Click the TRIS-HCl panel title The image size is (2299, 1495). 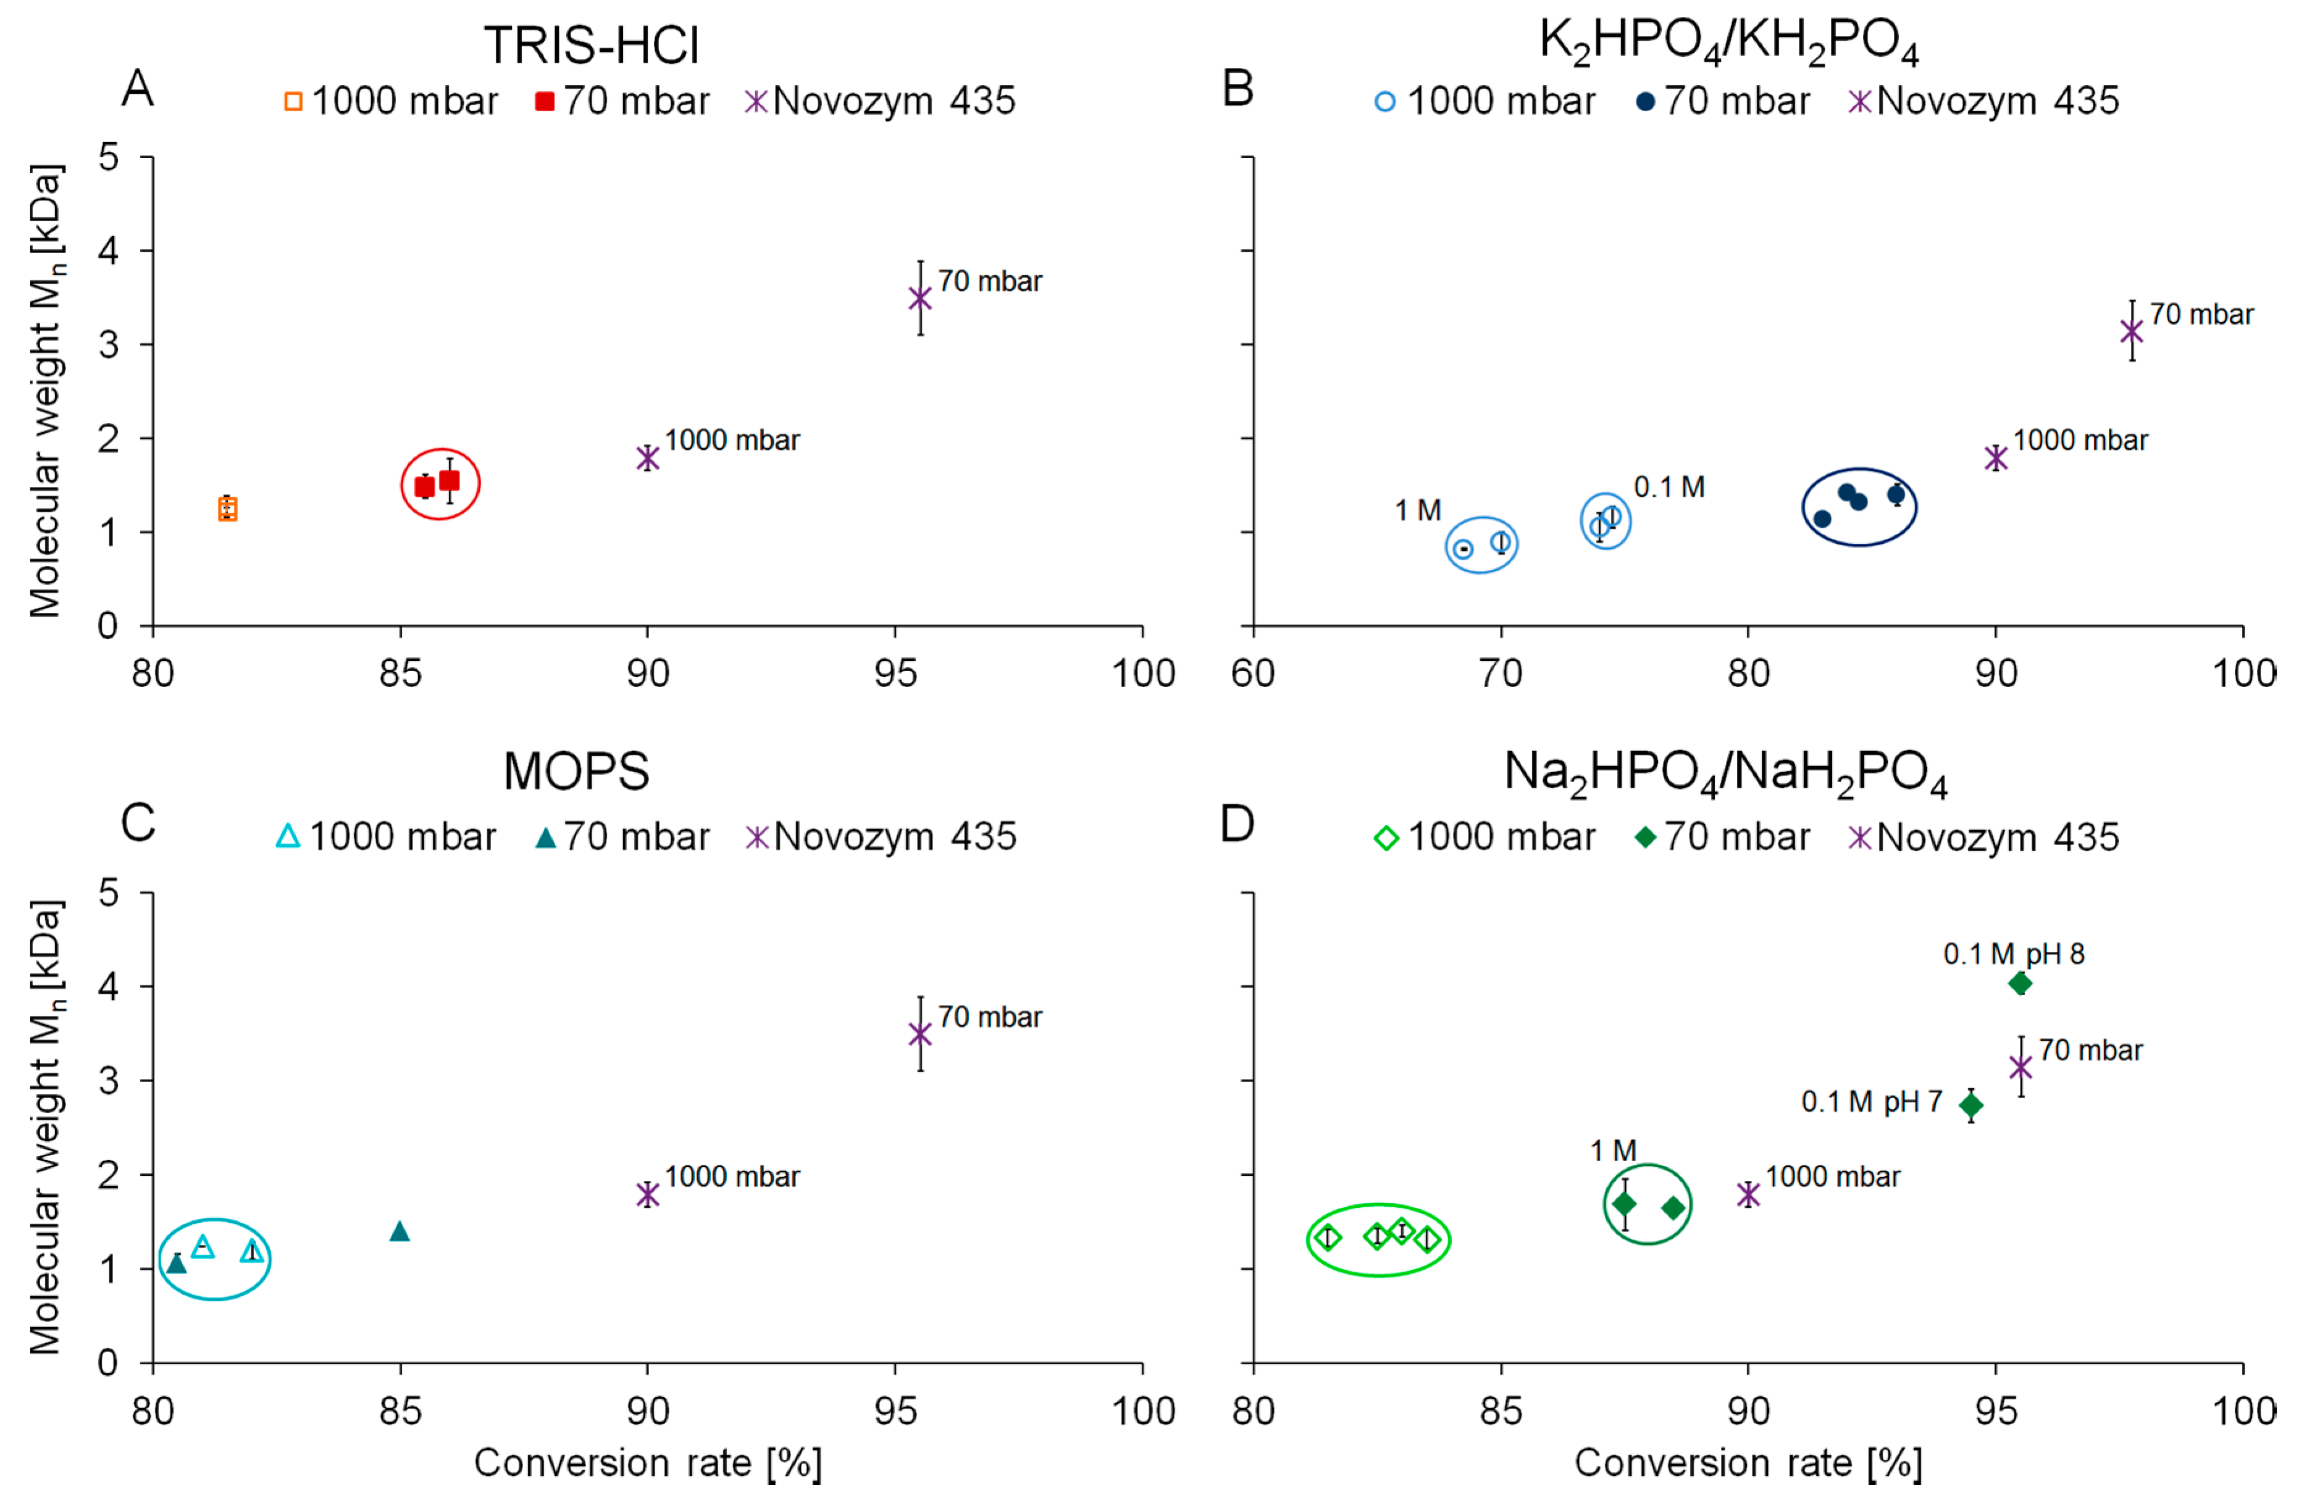click(x=591, y=46)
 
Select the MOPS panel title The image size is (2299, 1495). click(x=577, y=772)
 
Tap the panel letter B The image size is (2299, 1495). click(x=1237, y=89)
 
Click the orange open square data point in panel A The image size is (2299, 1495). click(x=227, y=509)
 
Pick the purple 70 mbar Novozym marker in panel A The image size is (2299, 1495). click(x=921, y=298)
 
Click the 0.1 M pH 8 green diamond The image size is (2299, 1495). click(x=2020, y=983)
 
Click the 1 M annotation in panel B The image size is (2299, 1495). click(x=1417, y=511)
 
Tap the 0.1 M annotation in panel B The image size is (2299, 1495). click(x=1669, y=488)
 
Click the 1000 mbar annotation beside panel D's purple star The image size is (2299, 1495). click(x=1832, y=1176)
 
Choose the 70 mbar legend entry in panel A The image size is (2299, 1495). click(x=623, y=101)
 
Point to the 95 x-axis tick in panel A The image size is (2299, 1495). click(x=895, y=673)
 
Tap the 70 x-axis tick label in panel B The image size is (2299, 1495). click(x=1501, y=673)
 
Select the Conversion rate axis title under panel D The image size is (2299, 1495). click(x=1748, y=1462)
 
